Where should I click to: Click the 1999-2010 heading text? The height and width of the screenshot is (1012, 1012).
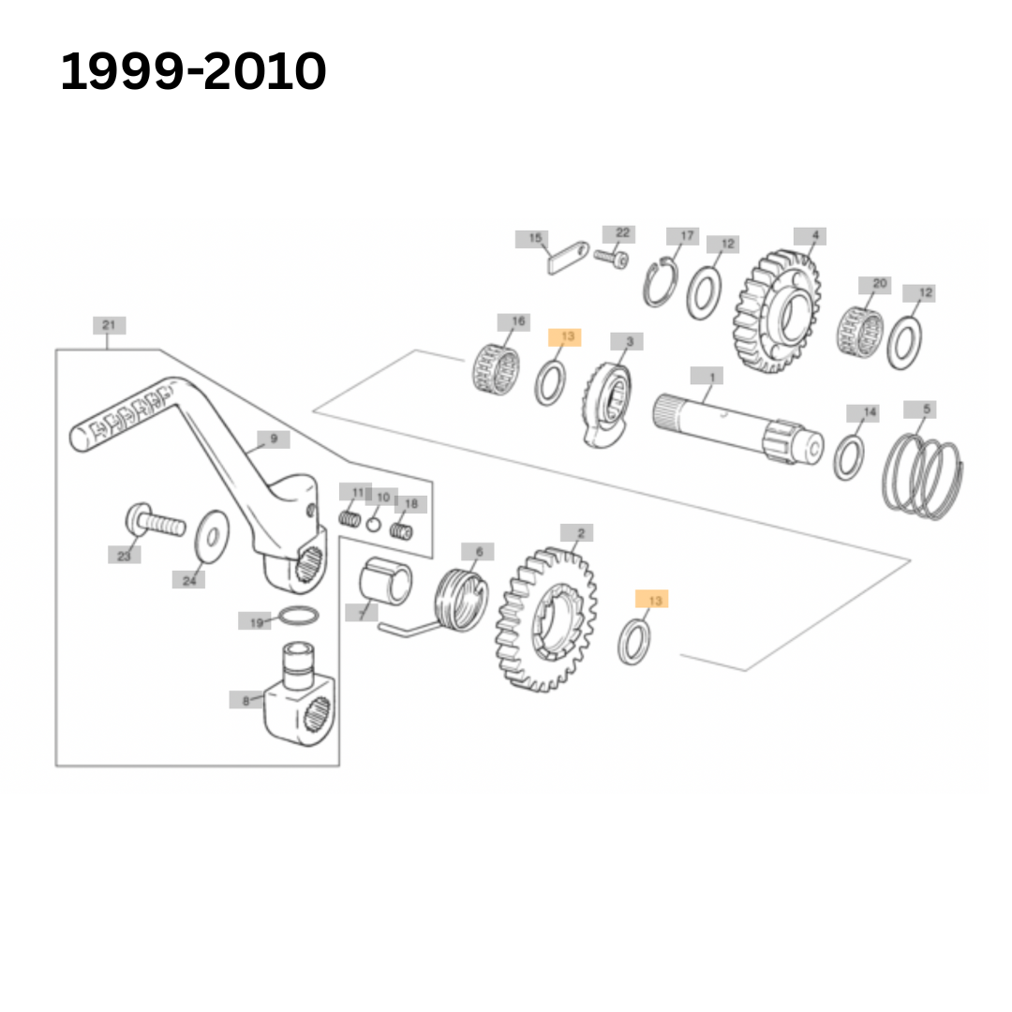click(x=194, y=72)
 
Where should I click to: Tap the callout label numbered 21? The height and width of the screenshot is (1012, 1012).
click(x=109, y=326)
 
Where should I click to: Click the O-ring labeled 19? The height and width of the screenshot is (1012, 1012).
click(x=299, y=618)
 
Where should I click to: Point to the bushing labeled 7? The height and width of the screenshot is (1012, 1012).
click(x=386, y=582)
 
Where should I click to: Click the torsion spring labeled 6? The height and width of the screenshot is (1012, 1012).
click(x=461, y=600)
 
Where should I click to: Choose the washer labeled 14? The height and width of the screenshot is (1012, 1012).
click(x=849, y=456)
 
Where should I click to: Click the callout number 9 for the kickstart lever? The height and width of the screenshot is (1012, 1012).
click(x=273, y=439)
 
